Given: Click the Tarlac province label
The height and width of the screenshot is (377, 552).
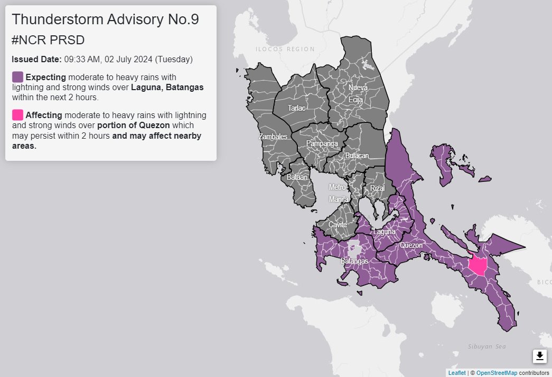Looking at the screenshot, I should tap(296, 108).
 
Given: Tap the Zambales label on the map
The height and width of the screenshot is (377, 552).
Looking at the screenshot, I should tap(273, 137).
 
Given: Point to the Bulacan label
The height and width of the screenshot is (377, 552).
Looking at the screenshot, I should tap(357, 156).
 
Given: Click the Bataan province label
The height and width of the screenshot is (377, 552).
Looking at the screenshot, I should tap(297, 178).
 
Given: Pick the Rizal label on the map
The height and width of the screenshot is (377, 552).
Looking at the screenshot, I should tap(377, 188).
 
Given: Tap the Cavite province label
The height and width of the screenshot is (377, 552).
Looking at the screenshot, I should tap(338, 225).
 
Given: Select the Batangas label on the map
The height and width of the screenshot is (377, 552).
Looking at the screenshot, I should tap(354, 261).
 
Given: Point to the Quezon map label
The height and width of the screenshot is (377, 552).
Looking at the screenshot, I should tap(411, 245).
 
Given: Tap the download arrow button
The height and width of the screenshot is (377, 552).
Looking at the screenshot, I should tap(539, 356).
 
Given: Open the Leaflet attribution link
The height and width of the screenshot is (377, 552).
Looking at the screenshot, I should tap(457, 373).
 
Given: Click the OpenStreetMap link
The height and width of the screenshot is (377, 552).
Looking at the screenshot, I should tap(496, 373).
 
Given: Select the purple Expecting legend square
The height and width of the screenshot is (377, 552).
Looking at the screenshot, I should tap(17, 77).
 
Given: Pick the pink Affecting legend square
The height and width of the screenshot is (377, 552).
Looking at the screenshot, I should tap(17, 114).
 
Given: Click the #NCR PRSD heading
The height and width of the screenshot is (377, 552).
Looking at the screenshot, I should tap(48, 40).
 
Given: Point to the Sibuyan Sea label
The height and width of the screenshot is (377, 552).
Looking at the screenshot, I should tap(486, 346).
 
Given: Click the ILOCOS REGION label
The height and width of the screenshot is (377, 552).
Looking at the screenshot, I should tap(285, 49).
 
